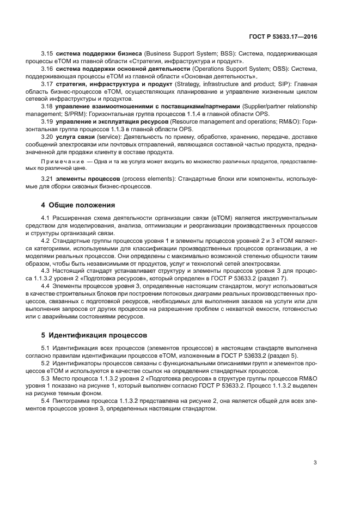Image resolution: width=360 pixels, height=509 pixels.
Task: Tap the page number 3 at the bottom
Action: pos(315,463)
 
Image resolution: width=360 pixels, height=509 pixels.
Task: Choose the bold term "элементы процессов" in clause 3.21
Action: pos(83,179)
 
